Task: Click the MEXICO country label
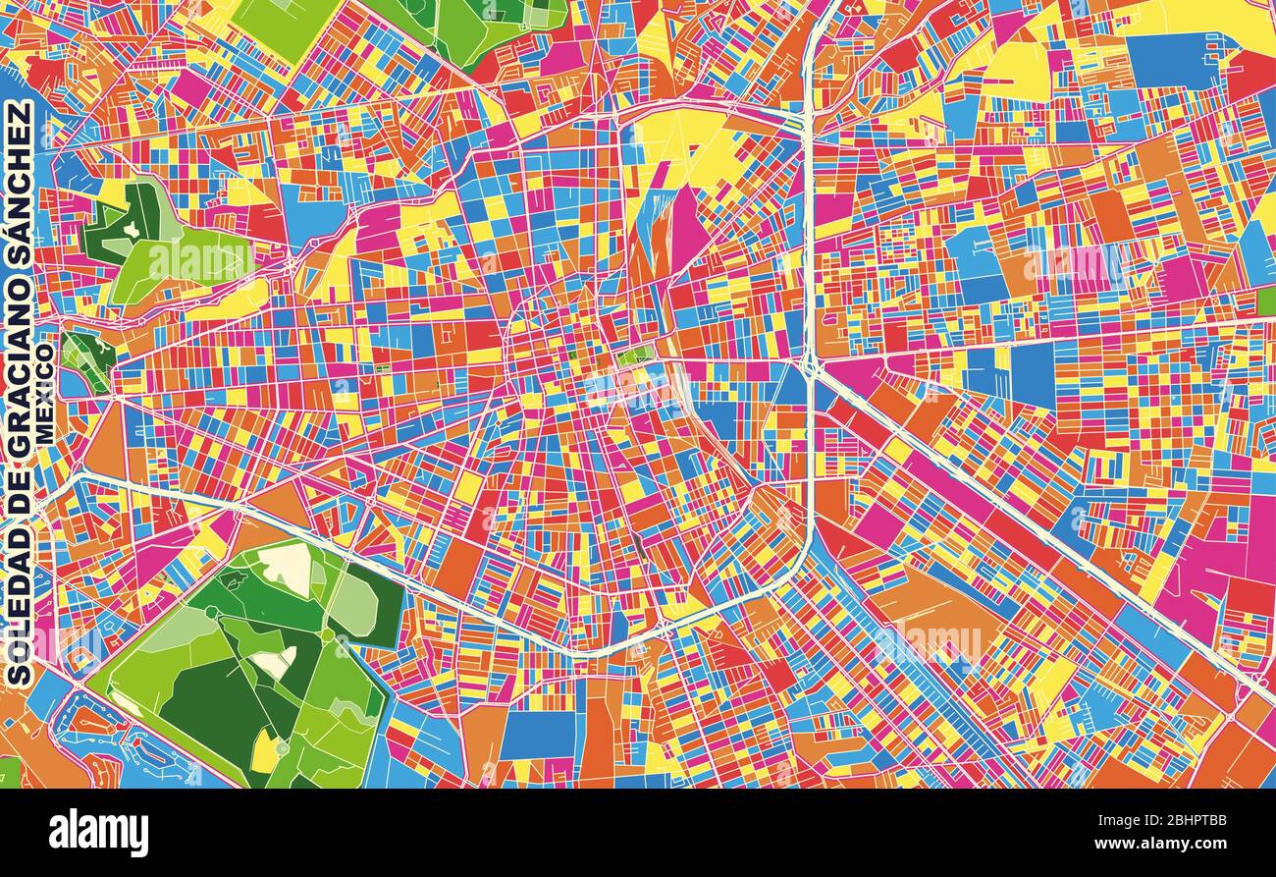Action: pos(45,393)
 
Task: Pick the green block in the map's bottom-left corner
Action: pos(9,772)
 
